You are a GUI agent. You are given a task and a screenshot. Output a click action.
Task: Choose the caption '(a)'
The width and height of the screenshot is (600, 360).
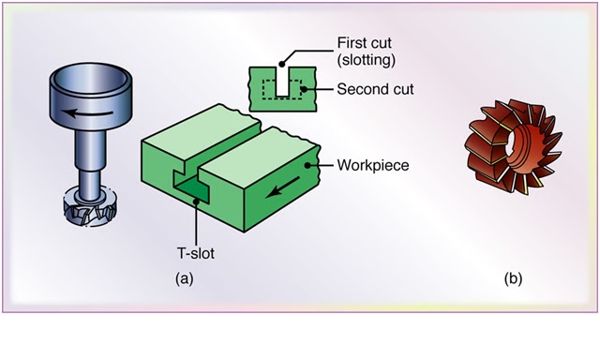click(x=184, y=278)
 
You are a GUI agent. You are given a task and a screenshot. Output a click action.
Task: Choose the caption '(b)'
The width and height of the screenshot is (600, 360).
click(x=513, y=278)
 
